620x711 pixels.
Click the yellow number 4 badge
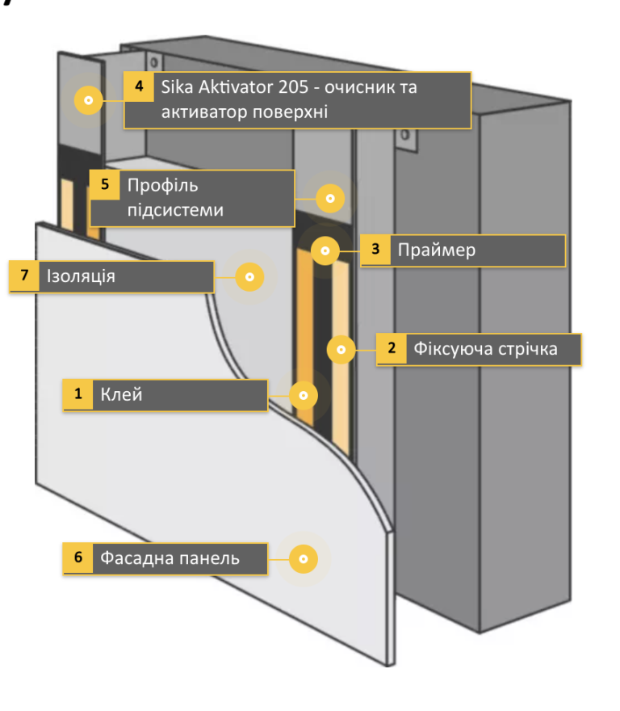[139, 86]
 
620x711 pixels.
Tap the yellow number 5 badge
[105, 184]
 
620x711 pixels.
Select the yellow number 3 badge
[375, 250]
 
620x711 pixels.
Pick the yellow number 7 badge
[24, 276]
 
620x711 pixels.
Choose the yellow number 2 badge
[392, 349]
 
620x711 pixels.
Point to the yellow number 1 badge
[78, 395]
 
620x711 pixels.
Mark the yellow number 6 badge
[78, 558]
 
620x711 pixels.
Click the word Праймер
[437, 250]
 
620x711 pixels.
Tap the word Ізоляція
[81, 276]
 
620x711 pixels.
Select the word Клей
[121, 395]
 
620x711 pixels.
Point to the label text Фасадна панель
[170, 558]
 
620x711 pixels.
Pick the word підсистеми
[174, 211]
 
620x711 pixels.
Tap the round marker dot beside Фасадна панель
[304, 558]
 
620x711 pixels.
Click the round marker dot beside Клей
[304, 395]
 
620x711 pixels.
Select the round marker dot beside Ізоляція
[249, 277]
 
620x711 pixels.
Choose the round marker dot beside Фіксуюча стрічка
[341, 349]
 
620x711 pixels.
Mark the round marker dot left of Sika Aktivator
[89, 101]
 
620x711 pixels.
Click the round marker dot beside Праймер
[325, 251]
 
